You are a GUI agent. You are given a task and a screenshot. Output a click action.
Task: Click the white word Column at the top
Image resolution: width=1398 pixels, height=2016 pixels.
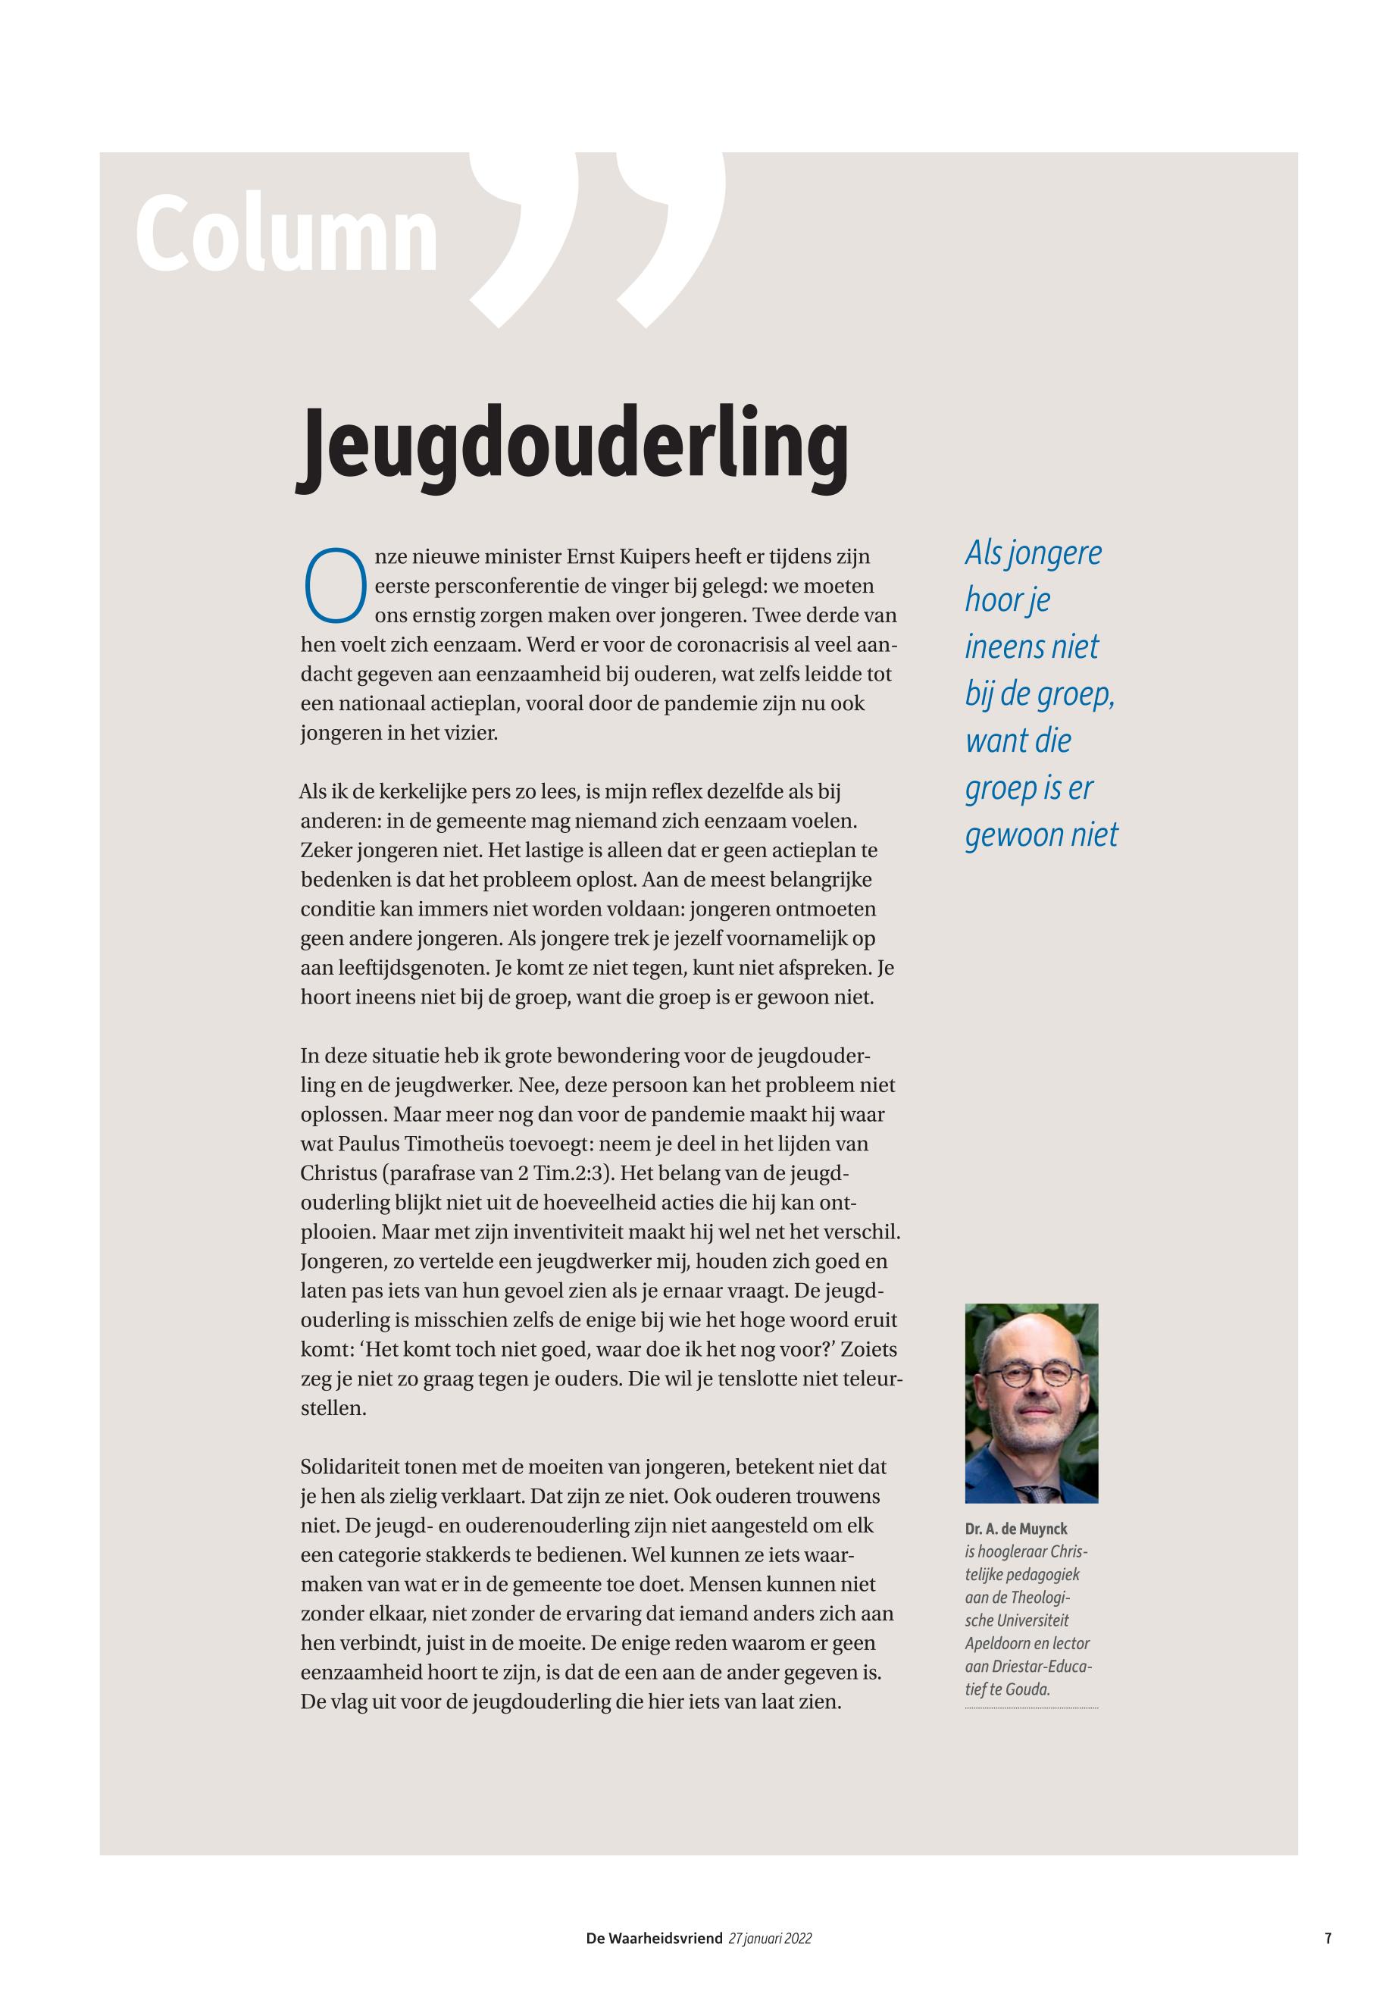(286, 235)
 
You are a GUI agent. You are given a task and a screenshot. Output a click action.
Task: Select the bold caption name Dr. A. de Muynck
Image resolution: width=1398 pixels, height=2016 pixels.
(1016, 1529)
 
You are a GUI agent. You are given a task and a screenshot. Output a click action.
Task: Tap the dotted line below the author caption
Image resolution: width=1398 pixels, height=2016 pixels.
(1031, 1708)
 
